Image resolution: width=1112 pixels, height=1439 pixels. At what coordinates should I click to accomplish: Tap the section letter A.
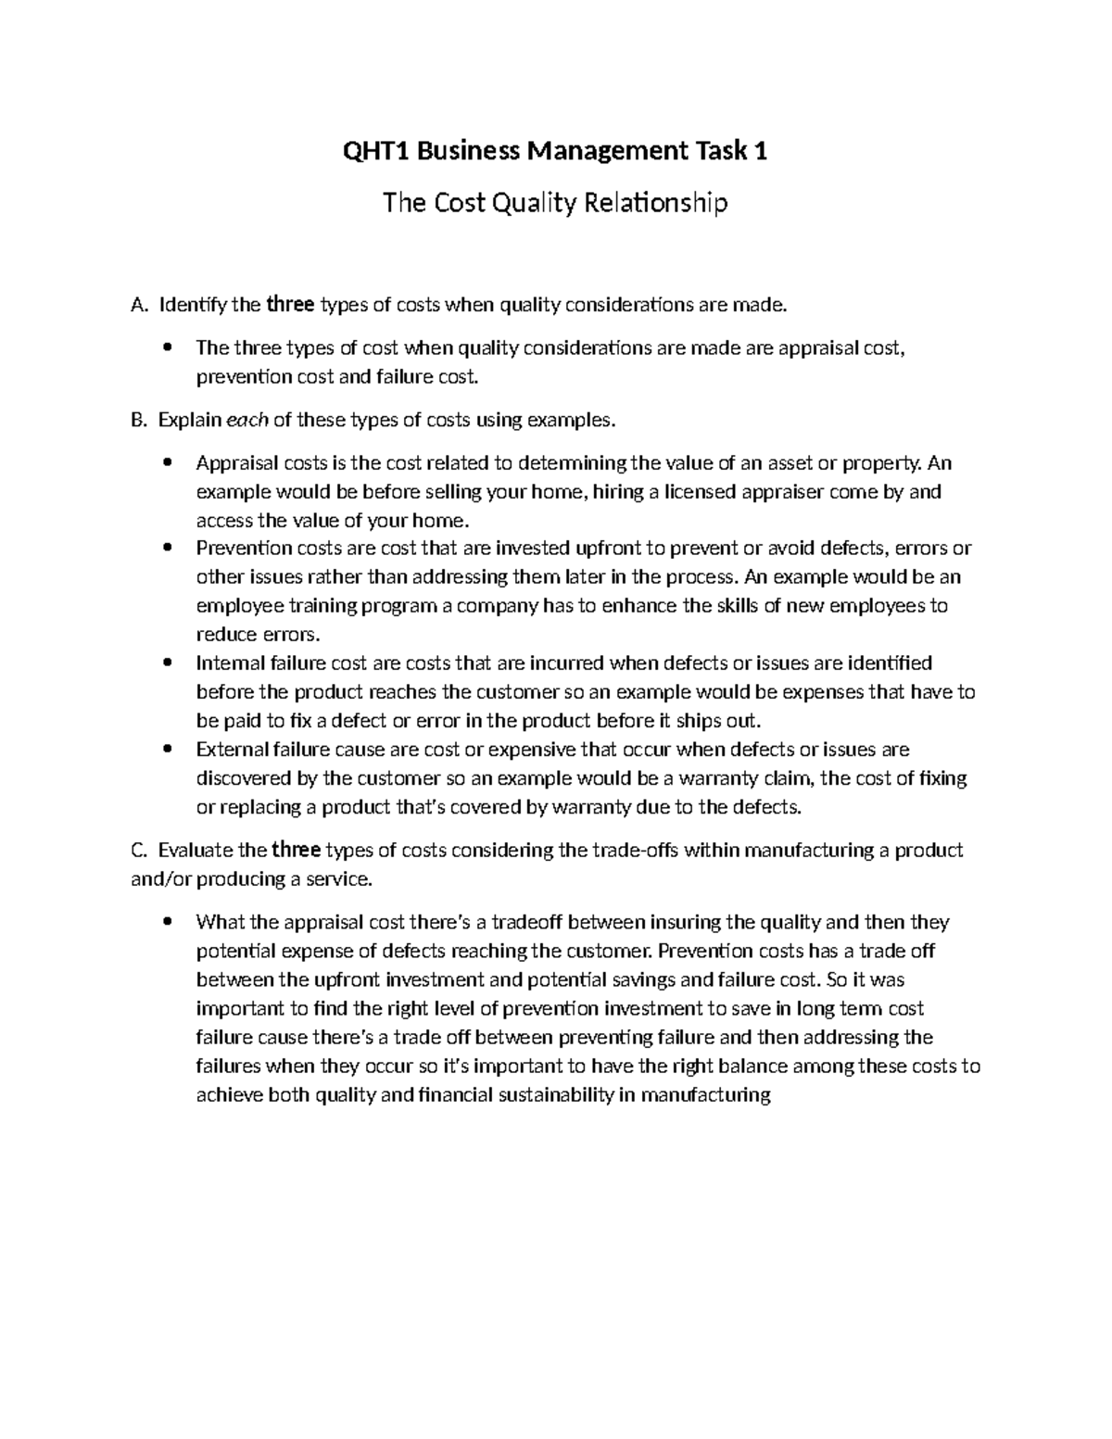[138, 304]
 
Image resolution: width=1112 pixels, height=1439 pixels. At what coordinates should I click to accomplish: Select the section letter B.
[138, 420]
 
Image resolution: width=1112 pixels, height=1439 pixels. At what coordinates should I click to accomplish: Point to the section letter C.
[138, 850]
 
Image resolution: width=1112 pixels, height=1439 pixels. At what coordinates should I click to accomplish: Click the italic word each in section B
[247, 420]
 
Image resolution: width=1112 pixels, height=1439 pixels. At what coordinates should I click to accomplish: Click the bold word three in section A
[291, 304]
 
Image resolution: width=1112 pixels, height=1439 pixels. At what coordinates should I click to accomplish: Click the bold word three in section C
[297, 850]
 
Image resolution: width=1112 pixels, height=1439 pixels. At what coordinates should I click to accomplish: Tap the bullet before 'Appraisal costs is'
[167, 462]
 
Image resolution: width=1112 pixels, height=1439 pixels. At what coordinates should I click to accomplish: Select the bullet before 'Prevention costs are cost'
[167, 548]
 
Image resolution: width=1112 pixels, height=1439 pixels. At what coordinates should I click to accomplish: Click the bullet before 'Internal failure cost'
[167, 663]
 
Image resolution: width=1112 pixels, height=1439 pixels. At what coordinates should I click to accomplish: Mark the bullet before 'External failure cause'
[167, 749]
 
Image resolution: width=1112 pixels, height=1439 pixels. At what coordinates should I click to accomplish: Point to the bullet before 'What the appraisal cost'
[167, 922]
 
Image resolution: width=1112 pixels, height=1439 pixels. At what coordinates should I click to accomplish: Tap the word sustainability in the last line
[556, 1095]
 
